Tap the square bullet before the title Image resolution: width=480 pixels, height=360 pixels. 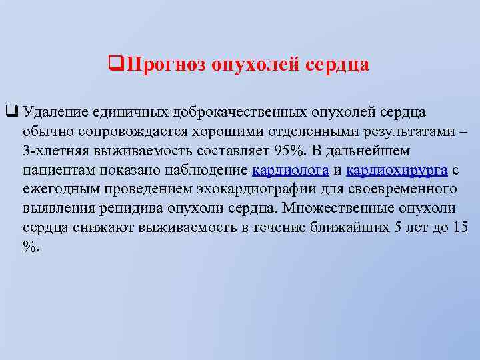pos(113,65)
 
